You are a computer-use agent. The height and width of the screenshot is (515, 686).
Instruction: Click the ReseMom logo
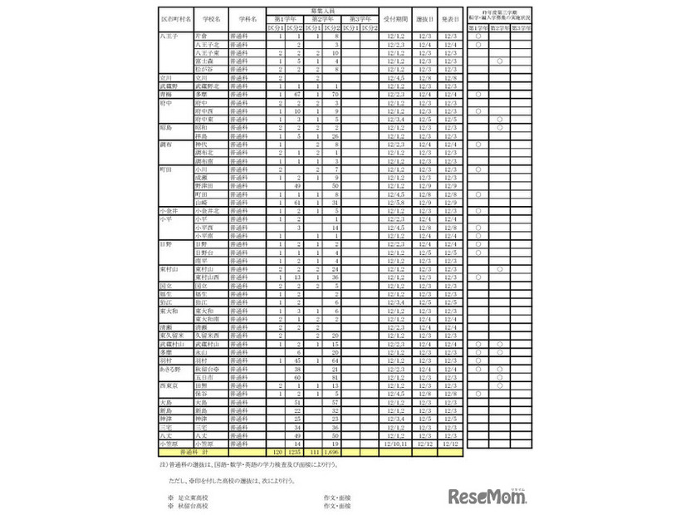point(492,497)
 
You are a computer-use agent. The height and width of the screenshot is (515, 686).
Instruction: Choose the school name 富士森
point(202,60)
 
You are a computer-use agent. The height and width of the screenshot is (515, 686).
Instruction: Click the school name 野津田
point(203,186)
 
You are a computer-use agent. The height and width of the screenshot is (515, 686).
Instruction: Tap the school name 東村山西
point(207,277)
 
